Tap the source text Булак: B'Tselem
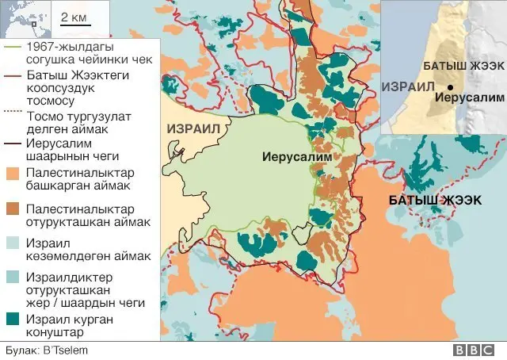click(x=46, y=350)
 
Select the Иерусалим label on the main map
click(x=297, y=157)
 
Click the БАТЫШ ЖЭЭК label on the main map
click(x=435, y=200)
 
